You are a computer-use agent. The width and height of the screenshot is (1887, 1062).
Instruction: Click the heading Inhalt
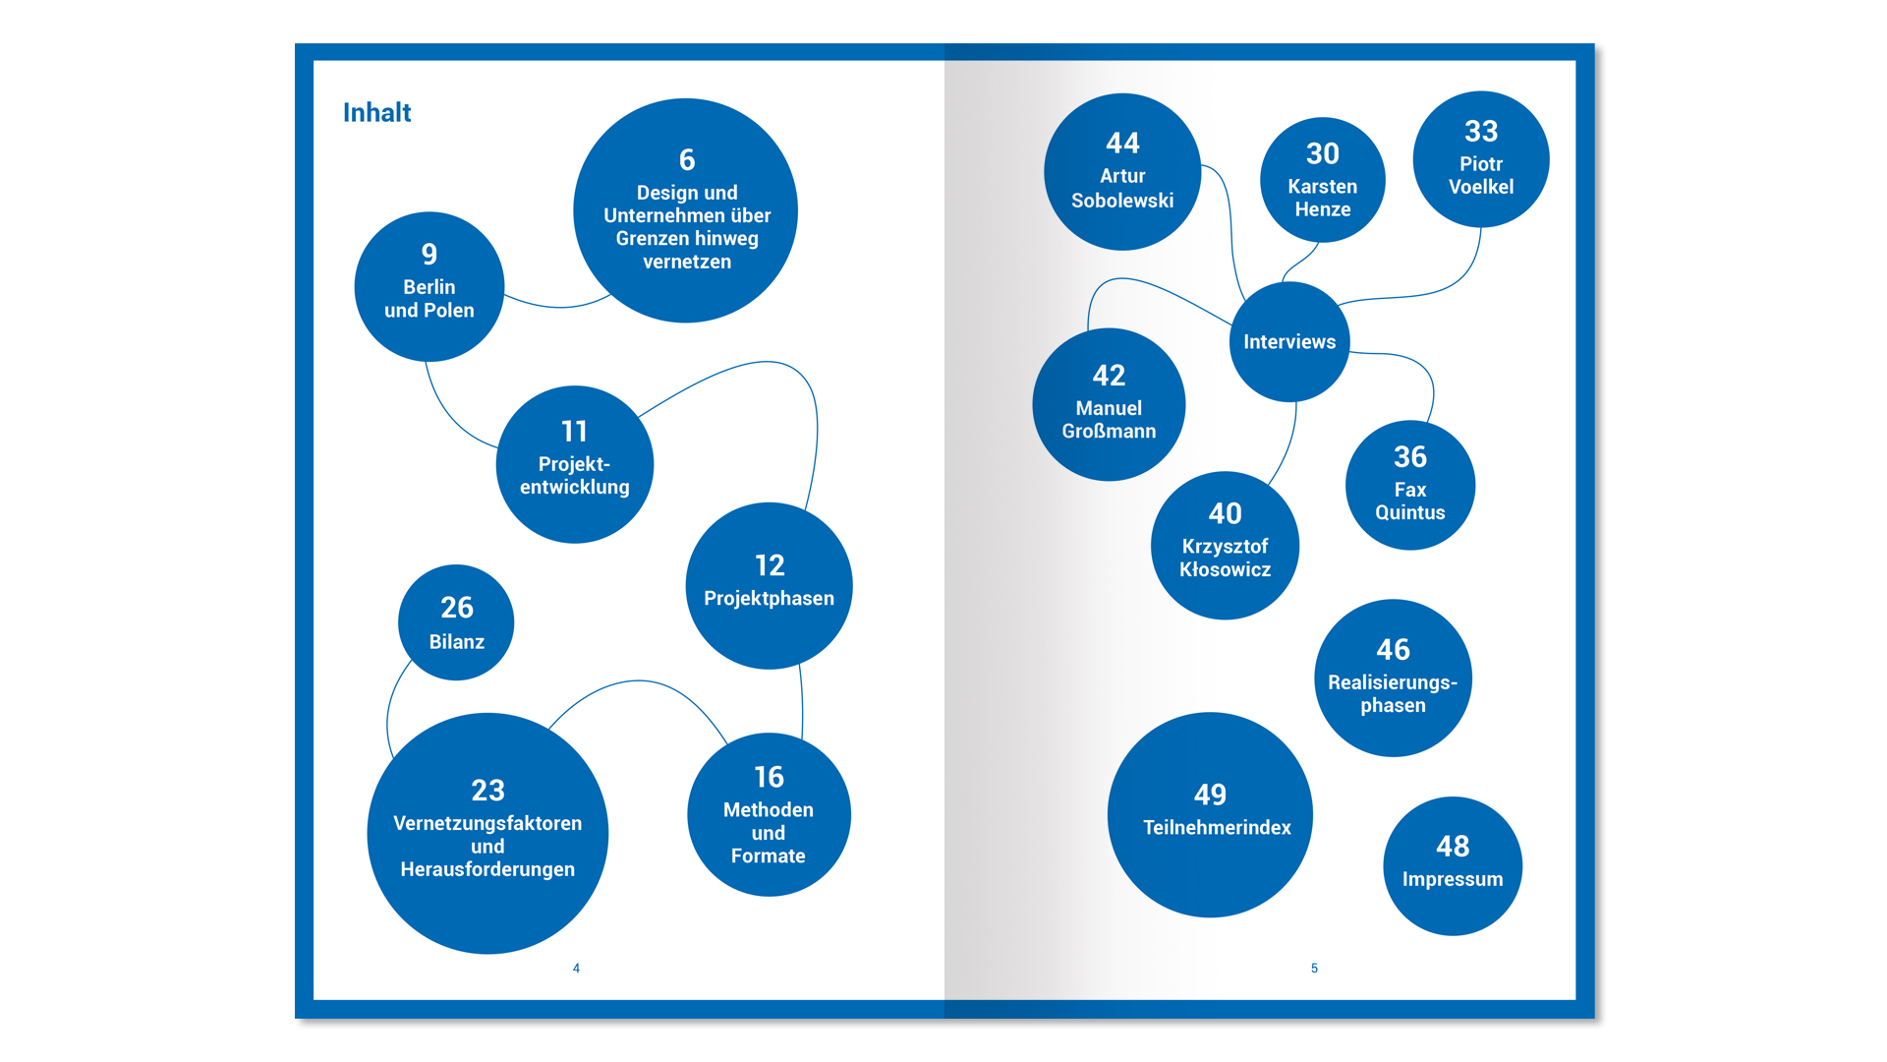click(376, 113)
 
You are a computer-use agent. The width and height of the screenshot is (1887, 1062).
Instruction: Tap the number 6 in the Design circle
click(687, 159)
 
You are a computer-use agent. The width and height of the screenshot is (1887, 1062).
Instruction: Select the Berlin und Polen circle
click(429, 287)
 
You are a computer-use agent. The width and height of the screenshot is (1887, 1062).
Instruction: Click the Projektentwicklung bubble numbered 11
click(575, 464)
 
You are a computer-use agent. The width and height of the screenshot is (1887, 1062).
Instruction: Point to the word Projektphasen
click(769, 599)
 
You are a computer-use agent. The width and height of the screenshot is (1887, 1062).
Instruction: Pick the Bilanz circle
click(456, 622)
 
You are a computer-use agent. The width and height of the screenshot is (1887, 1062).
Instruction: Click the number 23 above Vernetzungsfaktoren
click(487, 791)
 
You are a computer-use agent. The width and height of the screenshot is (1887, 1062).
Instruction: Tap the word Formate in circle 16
click(769, 856)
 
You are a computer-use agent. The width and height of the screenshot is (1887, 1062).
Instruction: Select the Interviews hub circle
click(1289, 342)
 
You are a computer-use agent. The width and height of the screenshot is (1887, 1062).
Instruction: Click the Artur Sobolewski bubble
click(1122, 172)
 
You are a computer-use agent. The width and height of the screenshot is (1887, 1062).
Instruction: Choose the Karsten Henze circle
click(1323, 181)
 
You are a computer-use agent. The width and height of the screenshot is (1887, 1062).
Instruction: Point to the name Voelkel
click(1481, 187)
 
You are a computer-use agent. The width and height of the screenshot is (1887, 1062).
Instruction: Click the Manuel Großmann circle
click(1109, 405)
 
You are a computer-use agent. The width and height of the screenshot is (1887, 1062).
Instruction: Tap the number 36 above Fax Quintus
click(1410, 457)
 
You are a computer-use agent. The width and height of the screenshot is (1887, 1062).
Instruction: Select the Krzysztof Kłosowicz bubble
click(1225, 546)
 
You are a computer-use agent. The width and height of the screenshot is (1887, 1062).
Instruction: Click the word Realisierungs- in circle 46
click(1393, 682)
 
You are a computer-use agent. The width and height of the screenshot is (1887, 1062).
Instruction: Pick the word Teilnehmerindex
click(1217, 828)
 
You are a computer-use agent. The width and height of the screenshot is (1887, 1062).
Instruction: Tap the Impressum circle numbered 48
click(1453, 866)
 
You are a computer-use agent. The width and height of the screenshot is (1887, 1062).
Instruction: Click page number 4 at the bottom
click(576, 969)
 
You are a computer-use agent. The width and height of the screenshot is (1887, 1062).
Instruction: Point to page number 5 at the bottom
click(1314, 969)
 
